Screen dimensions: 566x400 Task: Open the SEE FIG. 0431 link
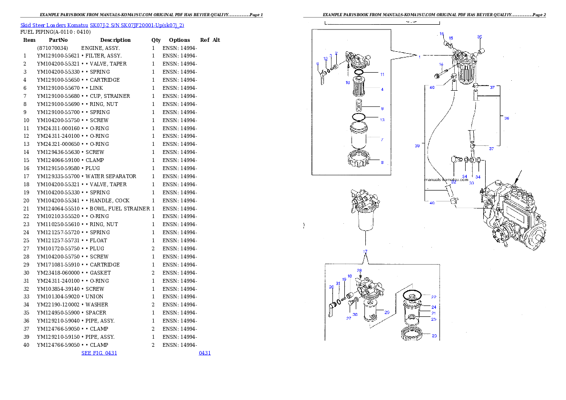(99, 353)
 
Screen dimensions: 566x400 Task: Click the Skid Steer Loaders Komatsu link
(54, 25)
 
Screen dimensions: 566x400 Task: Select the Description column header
(116, 40)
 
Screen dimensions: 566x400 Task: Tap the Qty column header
(156, 40)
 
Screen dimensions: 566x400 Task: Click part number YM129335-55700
(58, 176)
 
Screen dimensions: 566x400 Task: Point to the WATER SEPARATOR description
(111, 176)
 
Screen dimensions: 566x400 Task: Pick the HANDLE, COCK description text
(110, 200)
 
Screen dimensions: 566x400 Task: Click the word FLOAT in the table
(98, 240)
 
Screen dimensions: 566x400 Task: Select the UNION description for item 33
(94, 296)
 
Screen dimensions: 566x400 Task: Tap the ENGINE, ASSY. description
(100, 48)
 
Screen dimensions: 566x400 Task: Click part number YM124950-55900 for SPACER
(58, 313)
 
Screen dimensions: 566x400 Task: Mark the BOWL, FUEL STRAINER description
(120, 209)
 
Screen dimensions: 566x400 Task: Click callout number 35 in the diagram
(480, 37)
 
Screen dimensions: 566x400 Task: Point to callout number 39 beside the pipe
(417, 146)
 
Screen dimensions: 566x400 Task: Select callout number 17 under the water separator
(365, 252)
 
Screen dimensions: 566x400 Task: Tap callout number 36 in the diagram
(507, 118)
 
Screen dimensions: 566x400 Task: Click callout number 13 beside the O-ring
(382, 120)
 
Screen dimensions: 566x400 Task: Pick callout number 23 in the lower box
(434, 336)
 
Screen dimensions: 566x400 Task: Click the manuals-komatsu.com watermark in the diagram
(446, 179)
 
